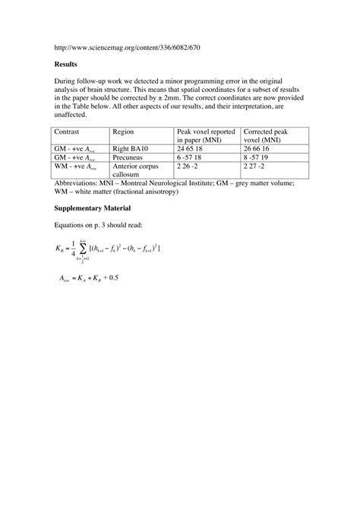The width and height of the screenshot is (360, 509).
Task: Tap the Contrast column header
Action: (x=71, y=131)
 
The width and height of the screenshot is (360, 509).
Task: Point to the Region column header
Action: (x=125, y=131)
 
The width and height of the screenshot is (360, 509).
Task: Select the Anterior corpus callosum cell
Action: (x=136, y=169)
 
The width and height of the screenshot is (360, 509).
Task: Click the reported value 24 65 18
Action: (x=191, y=149)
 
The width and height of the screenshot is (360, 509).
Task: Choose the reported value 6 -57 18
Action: (x=191, y=157)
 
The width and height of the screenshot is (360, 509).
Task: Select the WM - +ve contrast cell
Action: (x=76, y=166)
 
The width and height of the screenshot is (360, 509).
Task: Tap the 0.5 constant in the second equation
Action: (x=114, y=278)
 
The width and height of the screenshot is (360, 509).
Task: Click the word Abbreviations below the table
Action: (x=81, y=182)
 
